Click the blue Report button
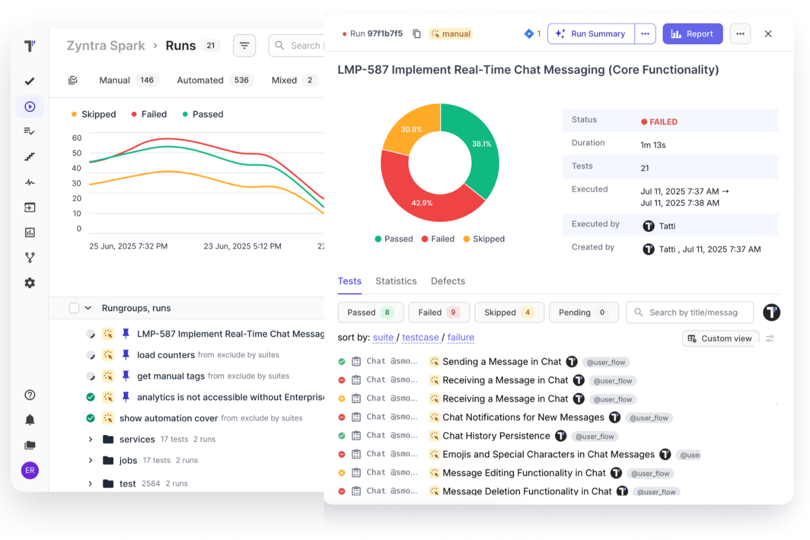coord(692,34)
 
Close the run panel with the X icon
coord(768,34)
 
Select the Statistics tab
coord(396,281)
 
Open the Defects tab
coord(448,281)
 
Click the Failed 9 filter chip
coord(438,312)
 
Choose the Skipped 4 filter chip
coord(508,312)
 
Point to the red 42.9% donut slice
coord(422,197)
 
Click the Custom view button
coord(720,339)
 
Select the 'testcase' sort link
coord(420,338)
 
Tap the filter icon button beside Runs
coord(244,45)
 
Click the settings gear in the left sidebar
coord(30,283)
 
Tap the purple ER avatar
coord(30,471)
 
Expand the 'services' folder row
coord(91,439)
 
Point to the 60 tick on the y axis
coord(77,138)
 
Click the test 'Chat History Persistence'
coord(496,436)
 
